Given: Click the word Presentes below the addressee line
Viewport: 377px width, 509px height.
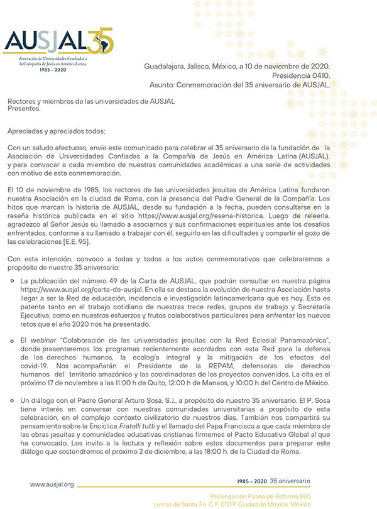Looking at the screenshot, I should (24, 108).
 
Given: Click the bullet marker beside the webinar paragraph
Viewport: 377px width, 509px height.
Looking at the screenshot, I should (13, 339).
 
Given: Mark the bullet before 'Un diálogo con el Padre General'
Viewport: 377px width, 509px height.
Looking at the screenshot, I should (13, 400).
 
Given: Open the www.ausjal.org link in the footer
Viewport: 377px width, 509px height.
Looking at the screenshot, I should (52, 484).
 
